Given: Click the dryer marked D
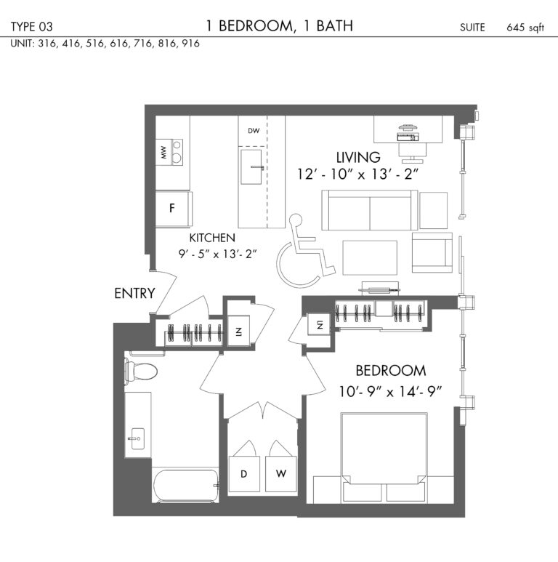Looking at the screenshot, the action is [x=244, y=474].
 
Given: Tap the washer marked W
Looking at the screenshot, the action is [x=280, y=474].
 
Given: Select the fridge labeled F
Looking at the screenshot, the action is [x=174, y=209].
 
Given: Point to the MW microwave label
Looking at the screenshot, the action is [x=163, y=153].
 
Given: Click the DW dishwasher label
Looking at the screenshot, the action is [x=254, y=131].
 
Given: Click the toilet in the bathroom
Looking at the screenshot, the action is [x=141, y=371].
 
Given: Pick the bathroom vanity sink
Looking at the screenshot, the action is [x=137, y=438].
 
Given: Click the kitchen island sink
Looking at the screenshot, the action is [x=251, y=167].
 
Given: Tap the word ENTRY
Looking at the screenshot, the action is [x=134, y=294].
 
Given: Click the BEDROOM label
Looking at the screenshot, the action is [x=391, y=371].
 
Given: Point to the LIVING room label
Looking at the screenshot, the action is [x=358, y=157].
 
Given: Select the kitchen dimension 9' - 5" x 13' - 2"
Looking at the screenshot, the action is [x=218, y=254].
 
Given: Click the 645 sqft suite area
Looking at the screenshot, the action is [x=525, y=28].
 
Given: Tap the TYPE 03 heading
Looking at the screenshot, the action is [x=31, y=27].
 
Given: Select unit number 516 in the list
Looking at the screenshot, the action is [x=94, y=44].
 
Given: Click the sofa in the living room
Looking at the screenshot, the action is [x=370, y=210].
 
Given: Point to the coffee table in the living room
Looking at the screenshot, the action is [x=370, y=257].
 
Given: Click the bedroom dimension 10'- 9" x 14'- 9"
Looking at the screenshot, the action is [x=390, y=391].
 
